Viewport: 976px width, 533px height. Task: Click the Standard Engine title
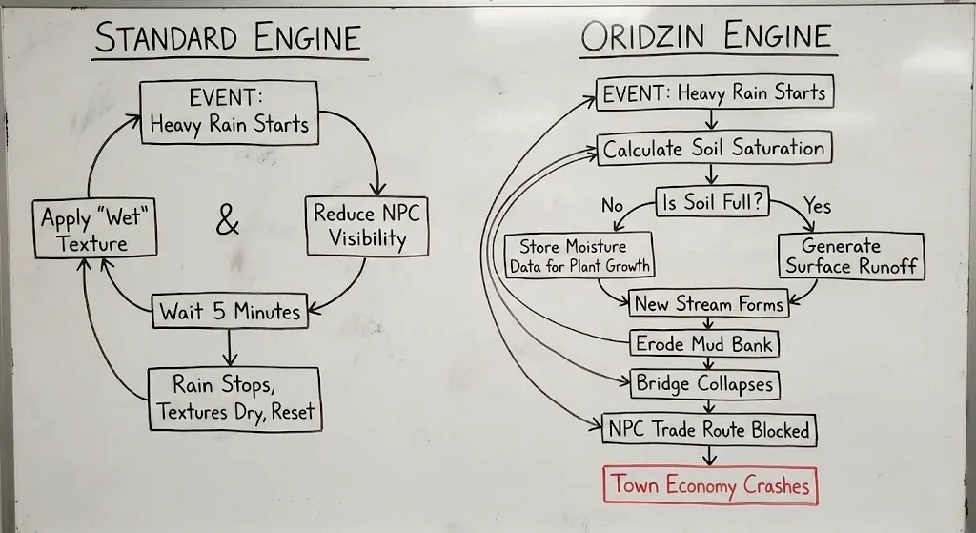click(229, 37)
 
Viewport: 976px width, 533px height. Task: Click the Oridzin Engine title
click(707, 37)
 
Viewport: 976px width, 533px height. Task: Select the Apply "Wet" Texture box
click(91, 230)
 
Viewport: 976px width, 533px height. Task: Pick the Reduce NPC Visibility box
click(366, 226)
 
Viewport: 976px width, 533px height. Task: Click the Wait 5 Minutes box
click(230, 312)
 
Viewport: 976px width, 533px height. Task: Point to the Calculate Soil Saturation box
click(714, 149)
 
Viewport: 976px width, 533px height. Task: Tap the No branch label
click(612, 205)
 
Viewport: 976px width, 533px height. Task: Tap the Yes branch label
click(818, 205)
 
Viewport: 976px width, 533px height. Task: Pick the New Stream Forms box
click(708, 304)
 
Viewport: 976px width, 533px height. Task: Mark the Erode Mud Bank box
click(704, 343)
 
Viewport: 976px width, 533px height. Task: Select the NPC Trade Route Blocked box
click(708, 429)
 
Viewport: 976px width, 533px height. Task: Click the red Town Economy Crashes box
click(710, 485)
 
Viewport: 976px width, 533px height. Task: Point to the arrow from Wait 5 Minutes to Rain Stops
click(230, 347)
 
